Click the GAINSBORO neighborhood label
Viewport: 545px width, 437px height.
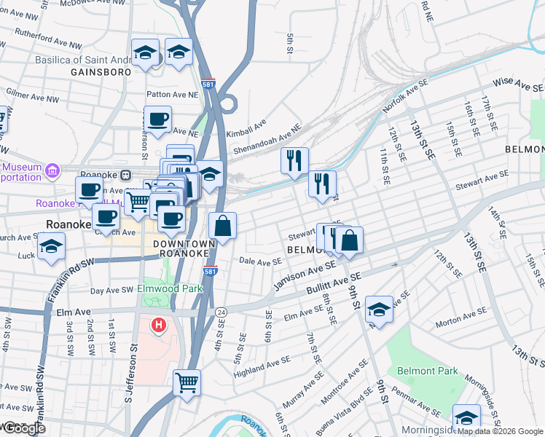(x=101, y=72)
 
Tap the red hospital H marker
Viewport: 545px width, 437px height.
(x=157, y=324)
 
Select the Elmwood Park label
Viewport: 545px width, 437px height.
(x=170, y=289)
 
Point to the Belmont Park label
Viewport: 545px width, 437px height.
(x=428, y=371)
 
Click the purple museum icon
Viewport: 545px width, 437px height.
(x=52, y=171)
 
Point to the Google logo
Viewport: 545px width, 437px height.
(x=23, y=428)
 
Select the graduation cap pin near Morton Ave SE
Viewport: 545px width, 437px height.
(x=379, y=309)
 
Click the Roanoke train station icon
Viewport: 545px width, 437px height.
(x=125, y=175)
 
